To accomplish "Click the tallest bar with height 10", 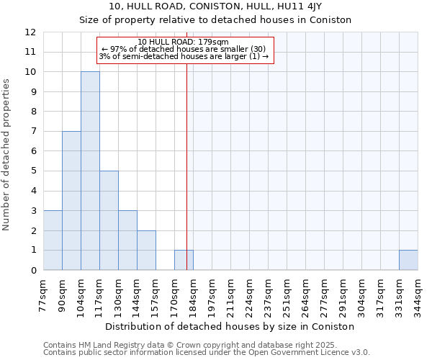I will pyautogui.click(x=90, y=171).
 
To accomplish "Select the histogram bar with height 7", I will pyautogui.click(x=71, y=200).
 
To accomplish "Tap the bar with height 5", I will pyautogui.click(x=109, y=220).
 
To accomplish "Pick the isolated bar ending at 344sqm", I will pyautogui.click(x=408, y=260).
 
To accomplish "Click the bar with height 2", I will pyautogui.click(x=146, y=250).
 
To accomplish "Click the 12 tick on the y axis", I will pyautogui.click(x=30, y=32).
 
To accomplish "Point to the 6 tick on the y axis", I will pyautogui.click(x=33, y=151).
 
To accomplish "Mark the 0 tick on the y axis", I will pyautogui.click(x=33, y=270).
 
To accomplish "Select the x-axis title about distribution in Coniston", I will pyautogui.click(x=230, y=326).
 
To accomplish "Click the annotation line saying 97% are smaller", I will pyautogui.click(x=184, y=49).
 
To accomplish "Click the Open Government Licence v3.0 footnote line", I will pyautogui.click(x=207, y=353).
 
